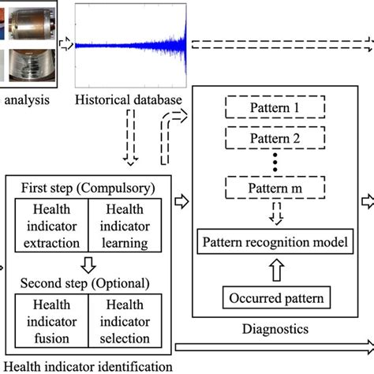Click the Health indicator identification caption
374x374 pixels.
tap(87, 365)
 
